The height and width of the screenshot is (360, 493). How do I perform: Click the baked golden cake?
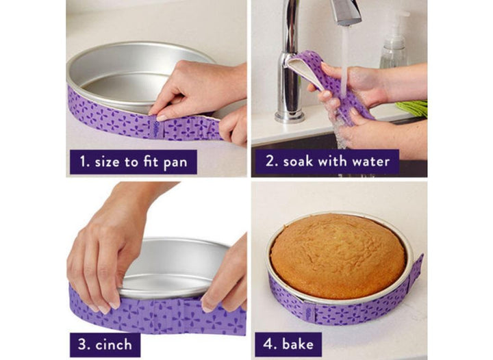click(x=338, y=255)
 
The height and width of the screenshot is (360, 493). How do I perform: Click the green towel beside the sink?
click(x=412, y=109)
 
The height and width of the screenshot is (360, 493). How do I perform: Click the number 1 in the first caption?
click(x=81, y=162)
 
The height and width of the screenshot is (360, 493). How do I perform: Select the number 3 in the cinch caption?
click(x=81, y=344)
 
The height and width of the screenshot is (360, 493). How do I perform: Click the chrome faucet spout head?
click(x=345, y=12)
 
